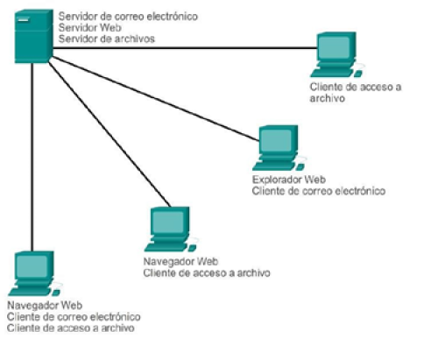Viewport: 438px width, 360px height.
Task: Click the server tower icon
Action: coord(34,36)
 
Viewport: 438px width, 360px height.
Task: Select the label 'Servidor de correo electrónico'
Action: coord(128,17)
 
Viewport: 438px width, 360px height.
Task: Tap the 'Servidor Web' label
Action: coord(90,28)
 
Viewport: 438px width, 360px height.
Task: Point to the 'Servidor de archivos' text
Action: coord(107,39)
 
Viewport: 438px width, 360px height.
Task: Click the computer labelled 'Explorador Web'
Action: coord(279,148)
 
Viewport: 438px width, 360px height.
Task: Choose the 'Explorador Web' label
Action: coord(289,180)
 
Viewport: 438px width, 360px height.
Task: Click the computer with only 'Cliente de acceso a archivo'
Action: coord(336,54)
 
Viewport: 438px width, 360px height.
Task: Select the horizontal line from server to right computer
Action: coord(185,47)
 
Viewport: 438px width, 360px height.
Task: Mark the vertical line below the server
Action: coord(32,157)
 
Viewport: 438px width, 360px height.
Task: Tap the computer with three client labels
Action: coord(34,273)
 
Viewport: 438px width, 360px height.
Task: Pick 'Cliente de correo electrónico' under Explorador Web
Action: coord(319,191)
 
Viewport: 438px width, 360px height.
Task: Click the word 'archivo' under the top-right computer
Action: coord(328,98)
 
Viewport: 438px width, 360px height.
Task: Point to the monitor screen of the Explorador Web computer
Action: coord(276,140)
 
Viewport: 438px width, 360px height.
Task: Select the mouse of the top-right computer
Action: coord(358,74)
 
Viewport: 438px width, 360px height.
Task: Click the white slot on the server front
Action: coord(24,20)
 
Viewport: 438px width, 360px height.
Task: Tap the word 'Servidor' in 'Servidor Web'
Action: coord(78,28)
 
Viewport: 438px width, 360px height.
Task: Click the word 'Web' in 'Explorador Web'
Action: coord(314,180)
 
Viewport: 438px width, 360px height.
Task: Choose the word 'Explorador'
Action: coord(277,180)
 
